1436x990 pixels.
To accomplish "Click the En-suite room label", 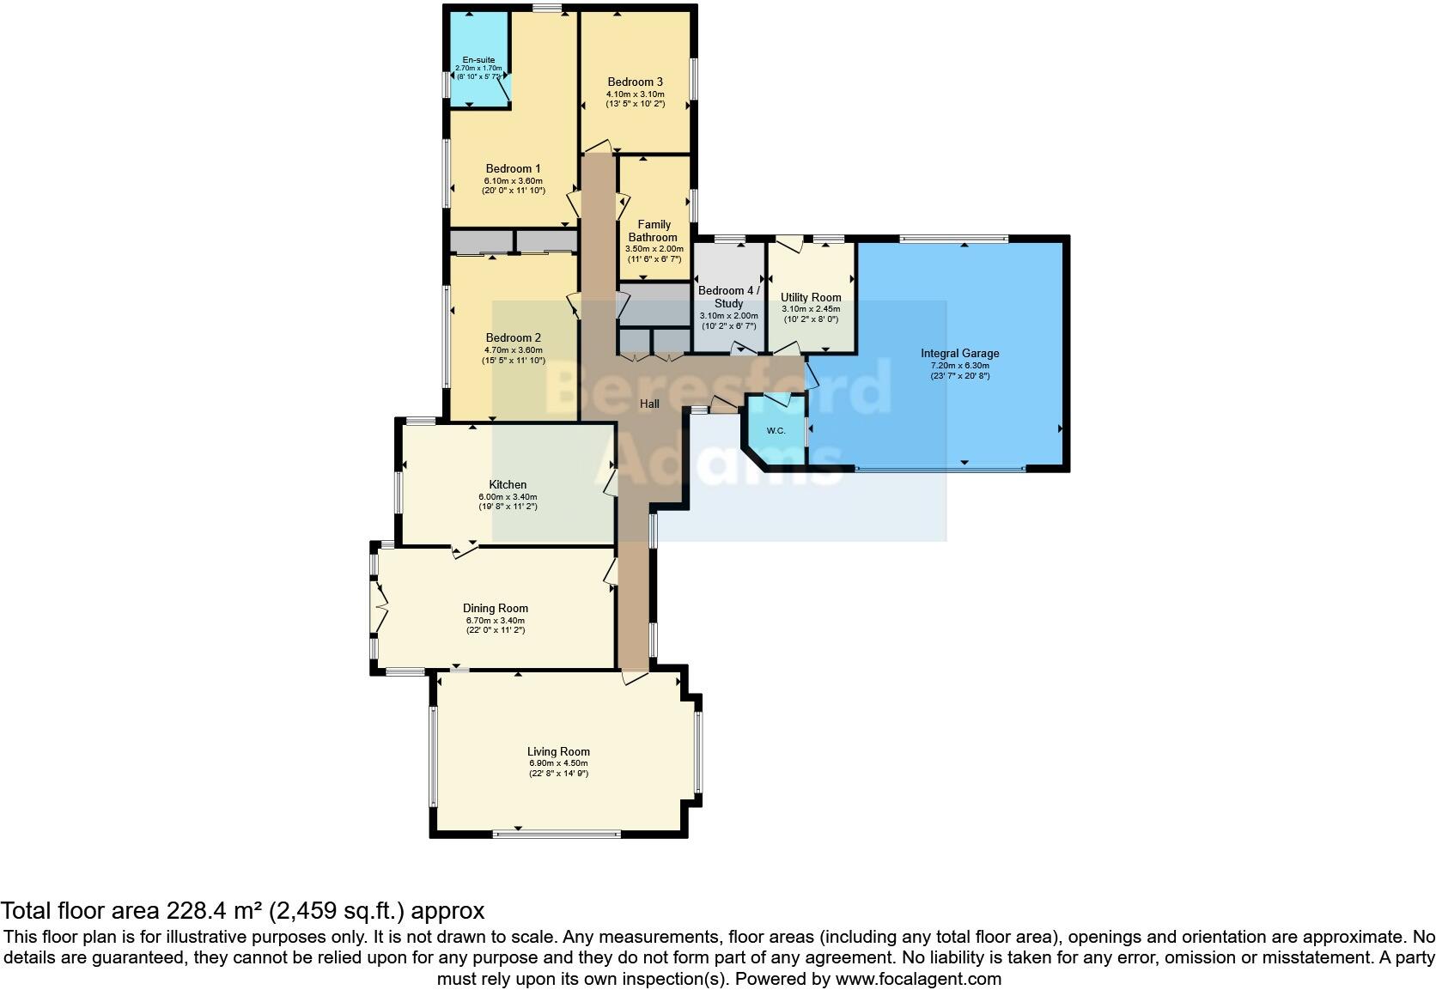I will (x=478, y=59).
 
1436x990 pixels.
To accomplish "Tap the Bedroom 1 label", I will (x=513, y=168).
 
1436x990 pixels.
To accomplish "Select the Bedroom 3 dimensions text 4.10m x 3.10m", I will (x=635, y=94).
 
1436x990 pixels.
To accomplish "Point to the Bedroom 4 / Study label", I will (x=728, y=297).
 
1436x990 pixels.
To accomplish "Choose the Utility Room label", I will (x=811, y=298).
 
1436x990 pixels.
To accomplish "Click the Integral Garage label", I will (x=959, y=353).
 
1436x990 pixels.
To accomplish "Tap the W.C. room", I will (x=776, y=430).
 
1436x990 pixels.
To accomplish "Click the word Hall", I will (x=649, y=404).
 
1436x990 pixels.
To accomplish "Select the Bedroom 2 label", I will (x=513, y=337).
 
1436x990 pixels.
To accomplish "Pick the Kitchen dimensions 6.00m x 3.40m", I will (x=508, y=496).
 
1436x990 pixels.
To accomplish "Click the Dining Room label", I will (x=495, y=608).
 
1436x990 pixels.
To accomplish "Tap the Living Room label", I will (x=558, y=751).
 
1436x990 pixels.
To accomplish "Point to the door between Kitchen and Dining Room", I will (x=465, y=550).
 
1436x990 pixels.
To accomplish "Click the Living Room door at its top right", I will (x=635, y=677).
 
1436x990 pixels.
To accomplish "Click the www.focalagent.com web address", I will (x=917, y=979).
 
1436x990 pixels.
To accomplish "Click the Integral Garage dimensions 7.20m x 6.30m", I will (x=959, y=365).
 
